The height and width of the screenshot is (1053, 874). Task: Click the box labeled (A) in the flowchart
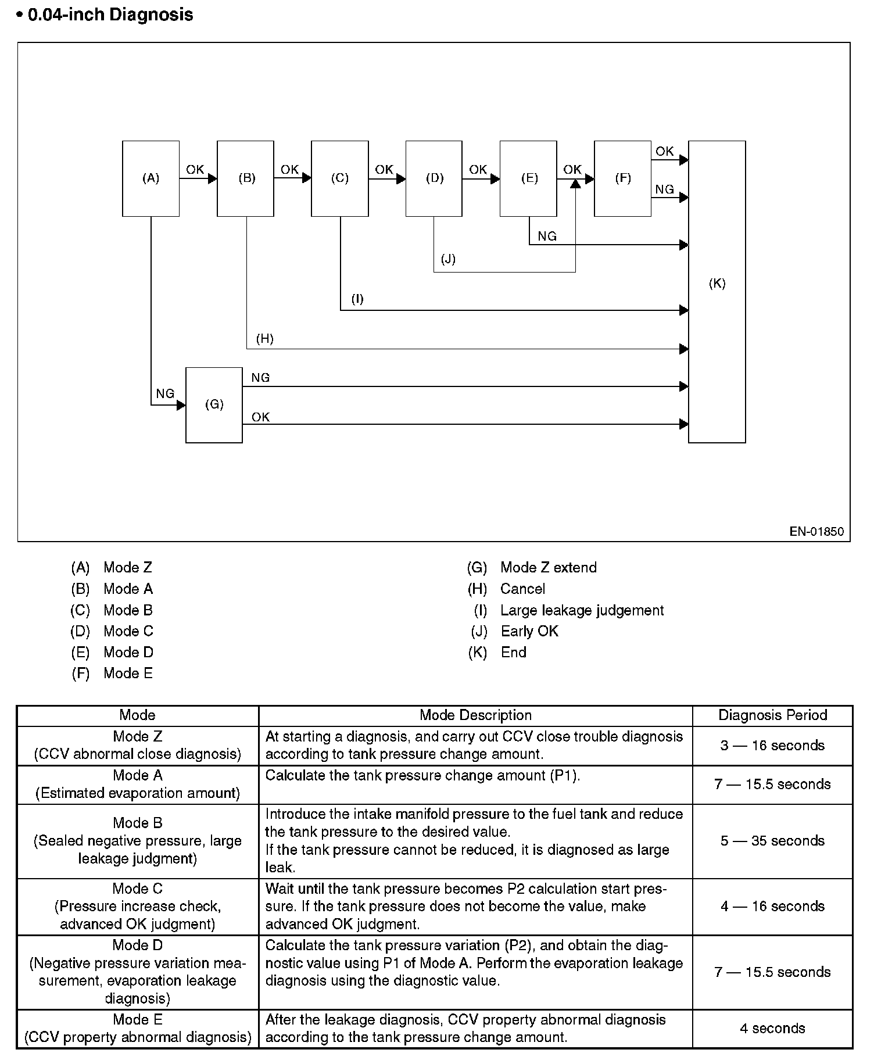(151, 178)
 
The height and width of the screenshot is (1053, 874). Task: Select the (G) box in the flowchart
(214, 404)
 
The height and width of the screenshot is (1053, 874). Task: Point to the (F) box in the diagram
(622, 178)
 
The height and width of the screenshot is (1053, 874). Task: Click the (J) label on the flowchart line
(448, 259)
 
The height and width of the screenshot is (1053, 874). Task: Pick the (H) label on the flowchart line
(264, 339)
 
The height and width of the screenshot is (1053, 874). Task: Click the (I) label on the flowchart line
(357, 299)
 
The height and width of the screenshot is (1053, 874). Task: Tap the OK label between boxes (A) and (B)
(195, 170)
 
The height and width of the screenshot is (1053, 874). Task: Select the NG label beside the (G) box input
(165, 394)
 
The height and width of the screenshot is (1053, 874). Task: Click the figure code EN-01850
(816, 531)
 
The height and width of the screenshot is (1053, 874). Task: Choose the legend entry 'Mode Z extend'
(548, 568)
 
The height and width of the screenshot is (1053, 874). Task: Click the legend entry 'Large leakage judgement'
(582, 611)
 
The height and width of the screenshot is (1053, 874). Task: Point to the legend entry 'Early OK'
(529, 632)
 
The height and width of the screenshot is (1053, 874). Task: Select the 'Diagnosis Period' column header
(772, 715)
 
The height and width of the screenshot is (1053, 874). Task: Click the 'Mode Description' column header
(475, 715)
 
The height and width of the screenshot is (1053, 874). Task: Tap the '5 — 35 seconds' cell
(772, 841)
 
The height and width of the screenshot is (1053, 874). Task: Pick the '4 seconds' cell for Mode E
(772, 1028)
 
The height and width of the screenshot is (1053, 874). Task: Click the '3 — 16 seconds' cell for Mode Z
(772, 746)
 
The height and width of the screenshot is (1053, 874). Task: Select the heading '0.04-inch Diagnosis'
(110, 15)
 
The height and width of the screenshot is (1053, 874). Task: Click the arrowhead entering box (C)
(307, 178)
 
